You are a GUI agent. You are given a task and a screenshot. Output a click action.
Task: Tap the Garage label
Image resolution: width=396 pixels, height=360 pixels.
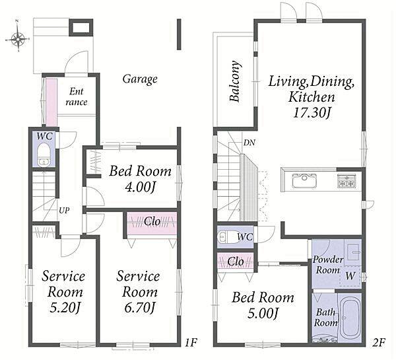140,79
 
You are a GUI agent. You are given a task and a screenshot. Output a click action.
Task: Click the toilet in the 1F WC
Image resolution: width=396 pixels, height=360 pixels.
44,155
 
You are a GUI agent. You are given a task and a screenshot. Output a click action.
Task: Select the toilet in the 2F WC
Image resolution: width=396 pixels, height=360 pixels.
229,237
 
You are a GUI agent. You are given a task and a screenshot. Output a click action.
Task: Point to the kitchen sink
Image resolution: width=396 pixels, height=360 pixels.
304,180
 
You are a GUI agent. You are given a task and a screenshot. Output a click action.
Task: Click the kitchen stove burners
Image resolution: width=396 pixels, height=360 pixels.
346,181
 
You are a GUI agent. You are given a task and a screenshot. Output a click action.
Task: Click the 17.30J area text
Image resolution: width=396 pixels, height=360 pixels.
312,113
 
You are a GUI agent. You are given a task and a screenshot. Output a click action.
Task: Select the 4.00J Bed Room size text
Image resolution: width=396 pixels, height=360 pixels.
139,188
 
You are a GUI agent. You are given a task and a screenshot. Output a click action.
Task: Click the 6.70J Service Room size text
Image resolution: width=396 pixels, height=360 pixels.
139,308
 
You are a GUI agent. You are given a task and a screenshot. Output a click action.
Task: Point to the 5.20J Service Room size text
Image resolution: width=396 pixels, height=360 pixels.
65,308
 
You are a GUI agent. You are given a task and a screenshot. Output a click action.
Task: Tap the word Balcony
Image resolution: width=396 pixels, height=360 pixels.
235,81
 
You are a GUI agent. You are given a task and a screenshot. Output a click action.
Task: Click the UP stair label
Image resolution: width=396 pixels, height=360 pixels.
64,210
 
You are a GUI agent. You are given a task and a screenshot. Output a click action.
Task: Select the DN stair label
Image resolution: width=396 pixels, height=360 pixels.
249,143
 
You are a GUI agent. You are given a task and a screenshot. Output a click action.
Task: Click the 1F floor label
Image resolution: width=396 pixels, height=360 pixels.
191,343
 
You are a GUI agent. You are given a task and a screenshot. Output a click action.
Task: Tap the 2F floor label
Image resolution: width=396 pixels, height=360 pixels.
379,343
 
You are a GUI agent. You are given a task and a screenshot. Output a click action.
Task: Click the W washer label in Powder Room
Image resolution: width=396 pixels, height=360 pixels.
350,276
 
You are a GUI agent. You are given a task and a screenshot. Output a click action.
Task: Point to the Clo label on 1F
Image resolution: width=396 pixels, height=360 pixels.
152,222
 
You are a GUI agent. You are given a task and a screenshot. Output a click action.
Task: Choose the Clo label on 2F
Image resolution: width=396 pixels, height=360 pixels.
236,262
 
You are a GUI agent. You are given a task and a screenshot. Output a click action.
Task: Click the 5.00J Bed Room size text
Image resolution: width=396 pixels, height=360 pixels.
263,314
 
